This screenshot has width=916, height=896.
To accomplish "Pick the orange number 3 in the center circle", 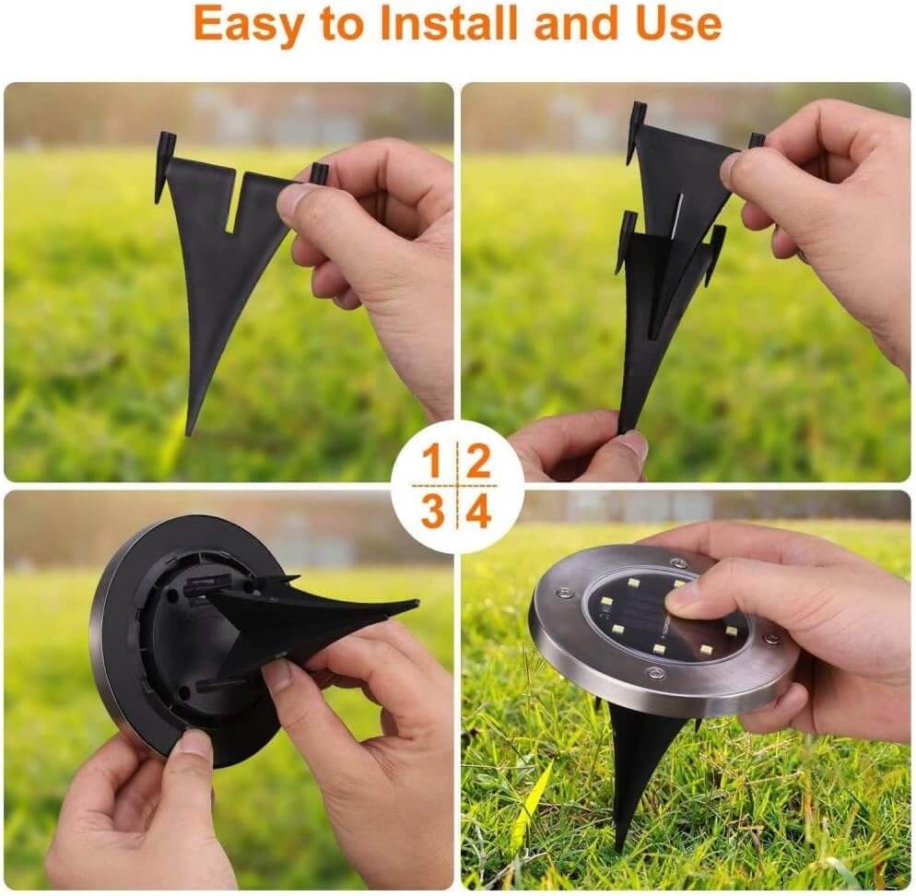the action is click(x=432, y=511).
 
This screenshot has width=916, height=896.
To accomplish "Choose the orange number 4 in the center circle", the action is click(x=479, y=511).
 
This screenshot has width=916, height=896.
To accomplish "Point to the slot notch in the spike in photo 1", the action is click(x=235, y=200).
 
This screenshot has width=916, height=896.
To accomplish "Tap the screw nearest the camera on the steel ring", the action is click(x=655, y=673).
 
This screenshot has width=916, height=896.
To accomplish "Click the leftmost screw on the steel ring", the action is click(x=564, y=594).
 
